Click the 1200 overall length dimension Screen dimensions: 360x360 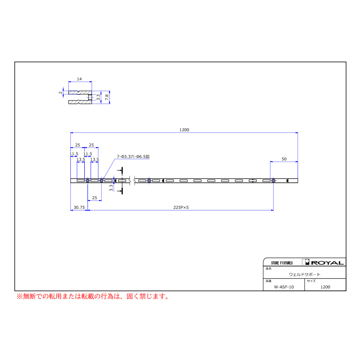click(x=184, y=130)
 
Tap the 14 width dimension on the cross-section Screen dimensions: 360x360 click(x=79, y=79)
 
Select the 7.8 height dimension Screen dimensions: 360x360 click(x=107, y=97)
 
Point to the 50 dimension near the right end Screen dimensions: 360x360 click(x=284, y=159)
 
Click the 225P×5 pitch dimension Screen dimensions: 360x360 click(x=181, y=207)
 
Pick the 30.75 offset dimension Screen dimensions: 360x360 click(x=79, y=207)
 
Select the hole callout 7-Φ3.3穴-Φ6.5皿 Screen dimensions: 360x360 click(x=133, y=156)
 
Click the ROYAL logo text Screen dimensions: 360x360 click(x=327, y=263)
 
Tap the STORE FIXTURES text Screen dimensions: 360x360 click(x=282, y=263)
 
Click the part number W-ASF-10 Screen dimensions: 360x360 click(x=284, y=287)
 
